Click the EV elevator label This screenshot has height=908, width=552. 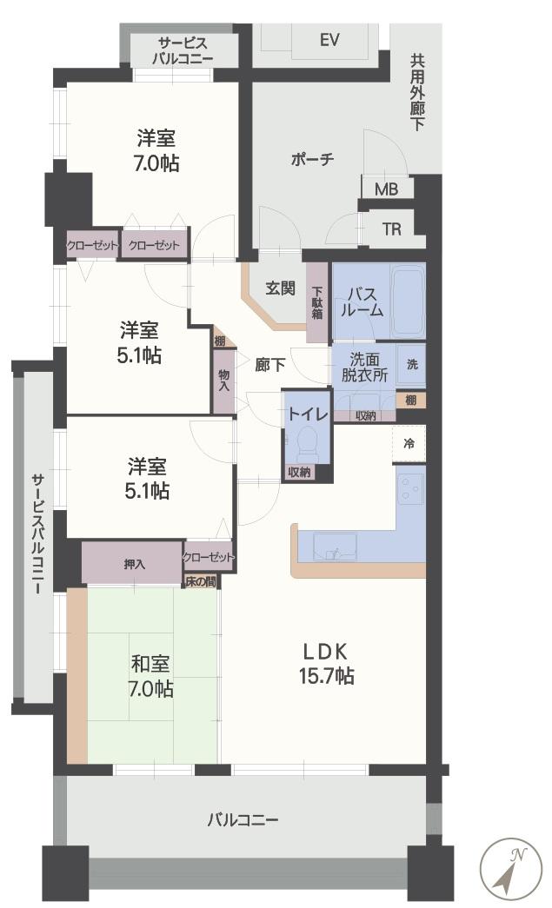pos(329,40)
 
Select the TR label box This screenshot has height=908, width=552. pos(392,229)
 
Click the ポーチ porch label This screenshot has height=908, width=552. pos(312,160)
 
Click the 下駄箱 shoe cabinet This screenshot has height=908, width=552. pos(318,302)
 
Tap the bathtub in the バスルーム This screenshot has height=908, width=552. pos(406,300)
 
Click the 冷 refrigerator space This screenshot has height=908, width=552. pos(409,443)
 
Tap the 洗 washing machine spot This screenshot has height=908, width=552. pos(412,364)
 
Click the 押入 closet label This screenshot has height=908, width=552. pos(135,564)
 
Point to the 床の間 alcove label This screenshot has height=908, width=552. pos(200,580)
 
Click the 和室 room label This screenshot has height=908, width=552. pos(150,665)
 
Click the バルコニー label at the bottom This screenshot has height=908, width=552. pos(243,819)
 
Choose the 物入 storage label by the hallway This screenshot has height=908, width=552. pos(224,380)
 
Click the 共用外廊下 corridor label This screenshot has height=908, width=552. pos(417,92)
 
